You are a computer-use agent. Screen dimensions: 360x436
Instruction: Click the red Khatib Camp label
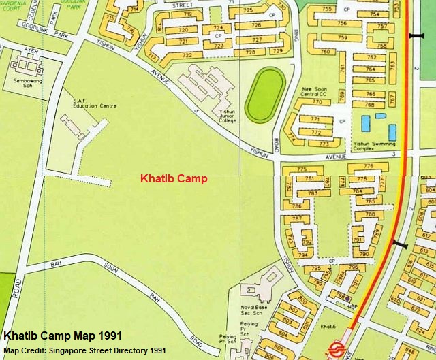point(174,180)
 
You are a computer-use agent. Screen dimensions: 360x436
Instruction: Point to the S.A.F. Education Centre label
point(95,103)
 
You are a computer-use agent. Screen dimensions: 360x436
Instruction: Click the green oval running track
point(264,95)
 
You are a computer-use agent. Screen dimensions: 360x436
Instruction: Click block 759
point(342,37)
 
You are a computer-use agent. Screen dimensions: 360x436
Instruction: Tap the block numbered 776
point(368,166)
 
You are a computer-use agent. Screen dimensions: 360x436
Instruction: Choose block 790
point(364,254)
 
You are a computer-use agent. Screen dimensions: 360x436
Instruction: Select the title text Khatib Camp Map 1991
point(63,336)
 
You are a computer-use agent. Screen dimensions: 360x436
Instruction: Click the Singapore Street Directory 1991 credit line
point(84,350)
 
